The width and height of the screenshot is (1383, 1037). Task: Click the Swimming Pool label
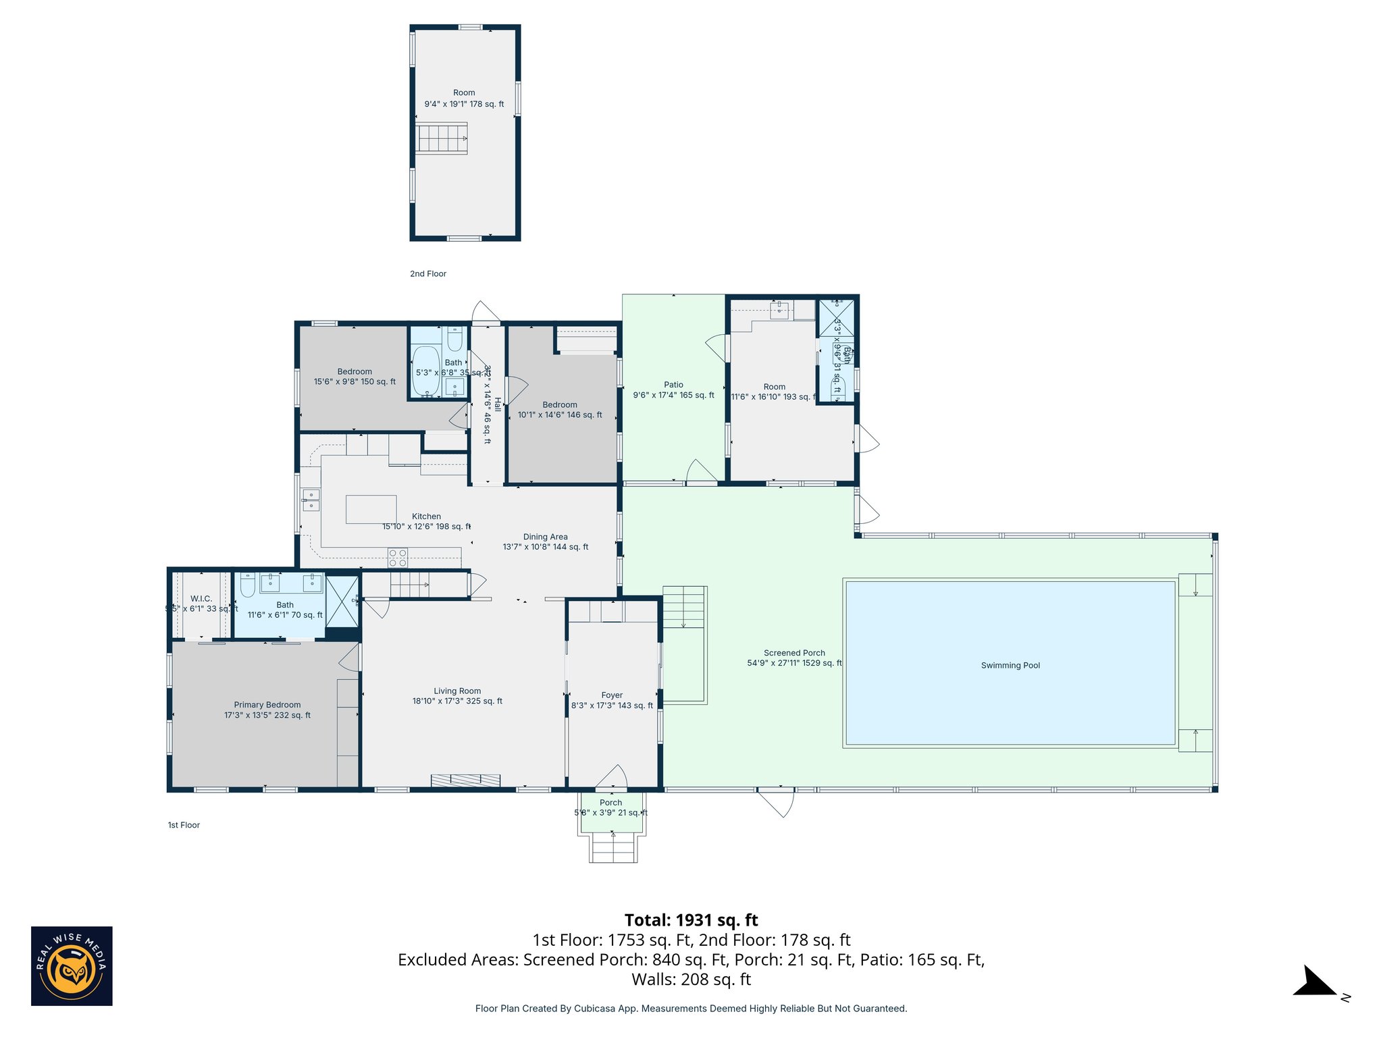[x=1010, y=665]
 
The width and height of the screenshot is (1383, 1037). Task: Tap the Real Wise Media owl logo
[x=72, y=965]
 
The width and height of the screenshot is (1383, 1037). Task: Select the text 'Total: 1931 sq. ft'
[x=691, y=920]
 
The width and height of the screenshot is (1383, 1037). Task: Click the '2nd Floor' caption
[x=428, y=273]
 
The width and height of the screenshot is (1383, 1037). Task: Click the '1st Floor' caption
[x=184, y=825]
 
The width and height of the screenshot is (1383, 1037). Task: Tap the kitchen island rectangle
[x=371, y=509]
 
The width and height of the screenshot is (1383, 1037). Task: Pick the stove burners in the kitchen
[x=397, y=558]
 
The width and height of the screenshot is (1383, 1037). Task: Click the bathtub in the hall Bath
[x=426, y=371]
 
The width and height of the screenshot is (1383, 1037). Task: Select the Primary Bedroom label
[x=267, y=705]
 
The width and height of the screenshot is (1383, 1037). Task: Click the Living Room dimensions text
[x=457, y=701]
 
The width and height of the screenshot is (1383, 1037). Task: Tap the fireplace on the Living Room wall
[x=465, y=780]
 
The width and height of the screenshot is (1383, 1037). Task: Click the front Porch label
[x=610, y=803]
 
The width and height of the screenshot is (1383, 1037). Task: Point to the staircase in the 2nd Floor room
[x=441, y=138]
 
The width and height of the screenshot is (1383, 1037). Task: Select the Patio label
[x=673, y=385]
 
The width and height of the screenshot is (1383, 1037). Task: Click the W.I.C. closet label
[x=201, y=599]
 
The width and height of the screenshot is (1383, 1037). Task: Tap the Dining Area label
[x=545, y=537]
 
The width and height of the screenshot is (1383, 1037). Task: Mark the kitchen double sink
[x=311, y=500]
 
